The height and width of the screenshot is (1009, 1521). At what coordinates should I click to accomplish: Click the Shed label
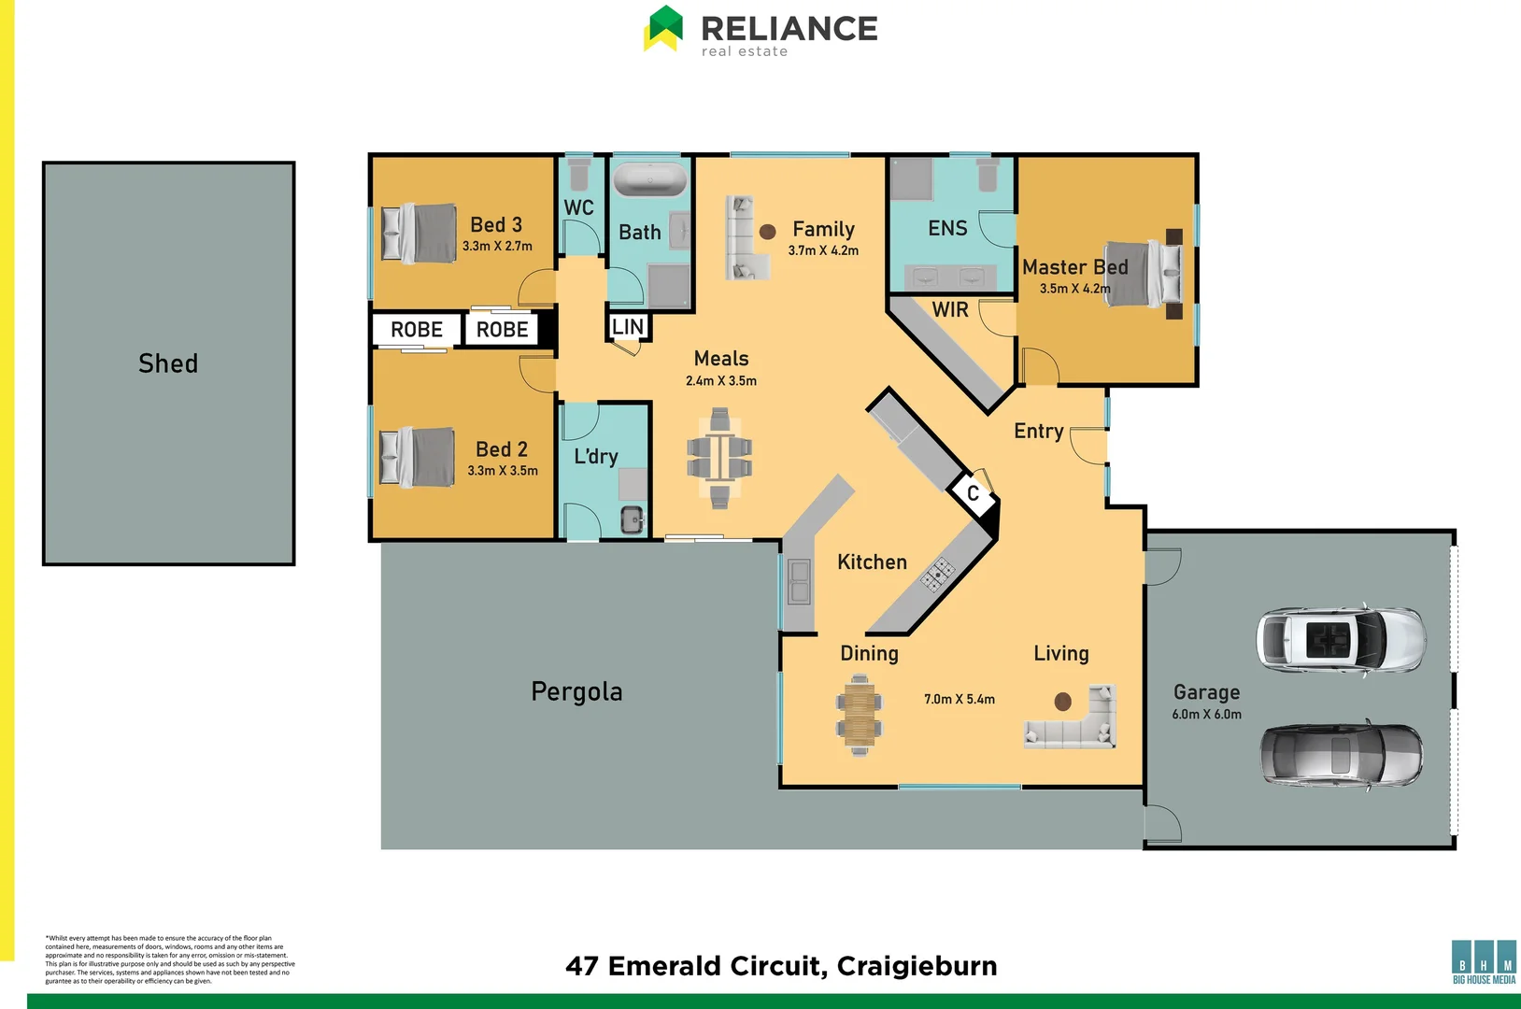pyautogui.click(x=168, y=363)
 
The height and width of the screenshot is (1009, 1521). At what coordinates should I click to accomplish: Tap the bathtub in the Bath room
pyautogui.click(x=650, y=179)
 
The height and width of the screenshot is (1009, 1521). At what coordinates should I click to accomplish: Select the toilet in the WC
pyautogui.click(x=579, y=174)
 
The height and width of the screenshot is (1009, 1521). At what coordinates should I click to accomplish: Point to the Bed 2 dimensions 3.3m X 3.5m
pyautogui.click(x=503, y=471)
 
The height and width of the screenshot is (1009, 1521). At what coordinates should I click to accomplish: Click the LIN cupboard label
pyautogui.click(x=628, y=327)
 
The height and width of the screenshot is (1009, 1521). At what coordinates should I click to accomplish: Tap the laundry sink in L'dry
pyautogui.click(x=633, y=519)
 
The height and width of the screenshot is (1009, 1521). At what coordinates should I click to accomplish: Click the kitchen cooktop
pyautogui.click(x=938, y=572)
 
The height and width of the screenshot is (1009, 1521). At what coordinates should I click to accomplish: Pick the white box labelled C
pyautogui.click(x=973, y=492)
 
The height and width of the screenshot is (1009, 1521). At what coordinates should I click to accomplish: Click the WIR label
pyautogui.click(x=950, y=310)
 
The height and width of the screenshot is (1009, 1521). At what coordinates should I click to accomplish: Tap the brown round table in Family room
pyautogui.click(x=768, y=232)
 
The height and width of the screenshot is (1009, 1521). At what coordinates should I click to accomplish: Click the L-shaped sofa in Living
pyautogui.click(x=1074, y=724)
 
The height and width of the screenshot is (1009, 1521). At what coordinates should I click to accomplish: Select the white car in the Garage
pyautogui.click(x=1341, y=639)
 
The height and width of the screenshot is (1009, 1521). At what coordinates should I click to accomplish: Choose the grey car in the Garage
pyautogui.click(x=1341, y=755)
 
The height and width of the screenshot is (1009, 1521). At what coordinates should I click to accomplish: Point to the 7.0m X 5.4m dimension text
pyautogui.click(x=960, y=699)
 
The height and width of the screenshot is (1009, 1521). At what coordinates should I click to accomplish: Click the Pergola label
pyautogui.click(x=576, y=692)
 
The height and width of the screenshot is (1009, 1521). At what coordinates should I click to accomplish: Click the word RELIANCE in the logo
pyautogui.click(x=789, y=28)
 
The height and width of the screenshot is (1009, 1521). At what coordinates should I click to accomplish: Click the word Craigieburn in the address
pyautogui.click(x=917, y=966)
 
